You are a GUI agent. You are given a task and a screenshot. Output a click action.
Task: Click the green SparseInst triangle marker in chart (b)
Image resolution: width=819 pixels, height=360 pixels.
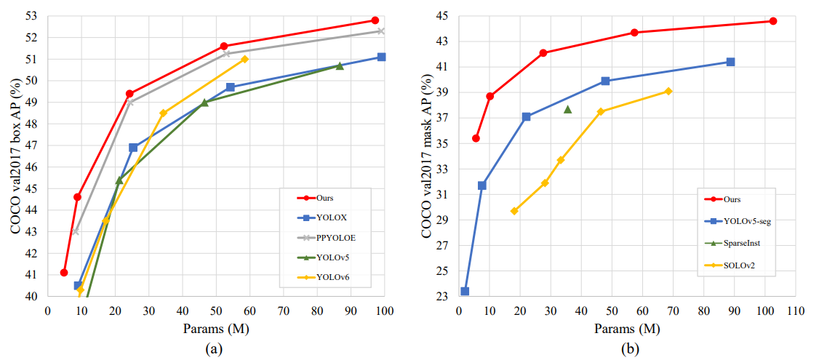567,109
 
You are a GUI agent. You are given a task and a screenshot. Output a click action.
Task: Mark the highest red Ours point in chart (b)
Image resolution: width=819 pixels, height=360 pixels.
772,21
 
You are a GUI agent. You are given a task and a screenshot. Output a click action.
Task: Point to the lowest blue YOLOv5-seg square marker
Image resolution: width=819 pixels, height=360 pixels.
465,292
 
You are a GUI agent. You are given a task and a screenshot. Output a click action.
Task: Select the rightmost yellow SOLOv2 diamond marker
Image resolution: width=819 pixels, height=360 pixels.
668,91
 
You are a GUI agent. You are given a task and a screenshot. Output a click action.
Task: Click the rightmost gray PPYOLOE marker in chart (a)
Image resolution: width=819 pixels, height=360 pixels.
380,31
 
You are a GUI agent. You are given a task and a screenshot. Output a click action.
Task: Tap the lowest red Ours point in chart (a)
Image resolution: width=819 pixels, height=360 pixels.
64,273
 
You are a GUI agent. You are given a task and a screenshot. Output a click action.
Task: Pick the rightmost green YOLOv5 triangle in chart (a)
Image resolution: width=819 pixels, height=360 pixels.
340,65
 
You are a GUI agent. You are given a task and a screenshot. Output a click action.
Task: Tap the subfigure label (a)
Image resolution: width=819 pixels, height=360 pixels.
214,348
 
